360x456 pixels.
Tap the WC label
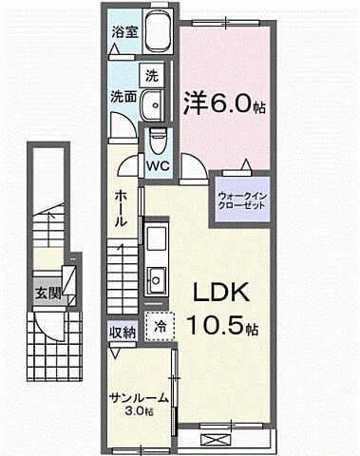(x=157, y=165)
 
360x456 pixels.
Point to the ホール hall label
(x=123, y=206)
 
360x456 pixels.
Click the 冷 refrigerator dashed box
(x=160, y=326)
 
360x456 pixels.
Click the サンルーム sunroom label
(x=139, y=399)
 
